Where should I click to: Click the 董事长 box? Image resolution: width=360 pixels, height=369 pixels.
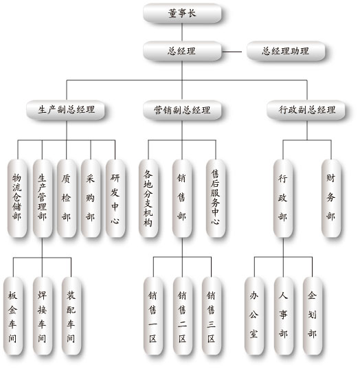coord(182,13)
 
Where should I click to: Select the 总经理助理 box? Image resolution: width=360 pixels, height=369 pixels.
coord(286,51)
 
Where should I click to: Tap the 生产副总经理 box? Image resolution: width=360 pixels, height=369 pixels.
coord(65,110)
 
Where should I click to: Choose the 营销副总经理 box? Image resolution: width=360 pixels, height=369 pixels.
coord(182,110)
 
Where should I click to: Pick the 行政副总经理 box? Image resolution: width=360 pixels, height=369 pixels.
coord(306,110)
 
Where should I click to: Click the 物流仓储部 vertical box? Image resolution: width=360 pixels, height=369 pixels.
coord(17,198)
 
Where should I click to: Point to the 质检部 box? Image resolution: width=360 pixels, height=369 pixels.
coord(67,198)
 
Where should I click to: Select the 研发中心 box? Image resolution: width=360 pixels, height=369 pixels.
coord(115,198)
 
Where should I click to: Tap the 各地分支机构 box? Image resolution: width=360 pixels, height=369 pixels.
coord(148,198)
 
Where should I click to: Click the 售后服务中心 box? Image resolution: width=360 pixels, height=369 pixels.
coord(216,198)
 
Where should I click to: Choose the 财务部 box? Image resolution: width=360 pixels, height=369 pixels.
coord(331,198)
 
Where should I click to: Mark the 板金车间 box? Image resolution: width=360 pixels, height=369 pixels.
coord(13,316)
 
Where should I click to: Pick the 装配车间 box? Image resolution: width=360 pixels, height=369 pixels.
coord(71,316)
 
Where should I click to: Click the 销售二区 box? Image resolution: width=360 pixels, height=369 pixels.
coord(183,316)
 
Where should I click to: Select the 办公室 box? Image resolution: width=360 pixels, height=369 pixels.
coord(254,316)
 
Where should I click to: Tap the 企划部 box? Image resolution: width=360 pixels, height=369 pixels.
coord(313,316)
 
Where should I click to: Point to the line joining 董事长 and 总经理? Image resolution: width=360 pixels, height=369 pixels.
coord(182,32)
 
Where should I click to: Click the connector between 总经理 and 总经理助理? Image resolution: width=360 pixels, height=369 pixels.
coord(232,52)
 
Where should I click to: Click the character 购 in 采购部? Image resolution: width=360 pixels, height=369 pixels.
coord(91,198)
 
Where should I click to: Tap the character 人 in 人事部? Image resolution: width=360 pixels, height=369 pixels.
coord(283,295)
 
